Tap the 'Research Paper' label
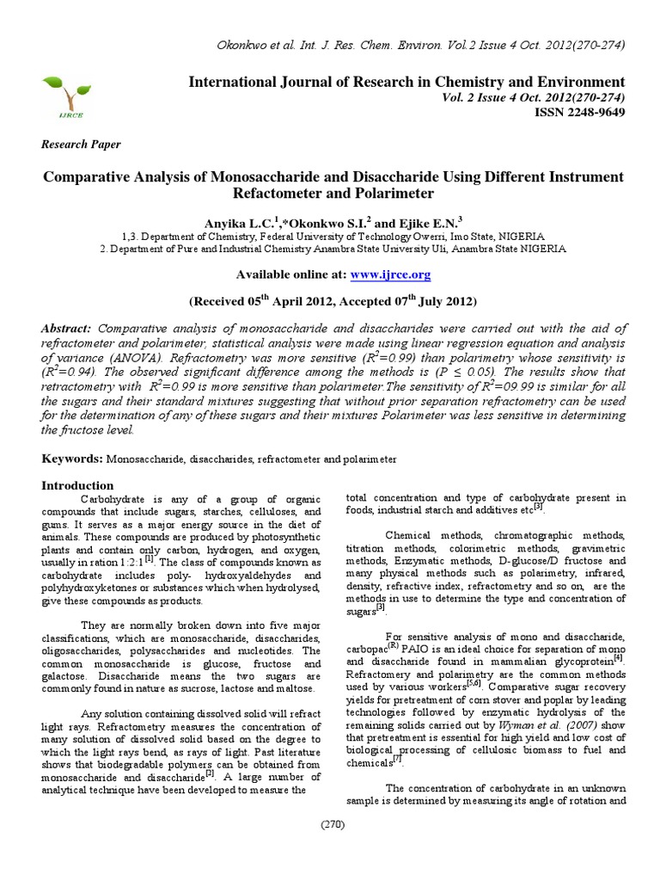tap(82, 145)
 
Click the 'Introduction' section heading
tap(78, 485)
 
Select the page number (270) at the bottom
tap(333, 825)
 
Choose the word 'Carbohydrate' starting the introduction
tap(108, 499)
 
